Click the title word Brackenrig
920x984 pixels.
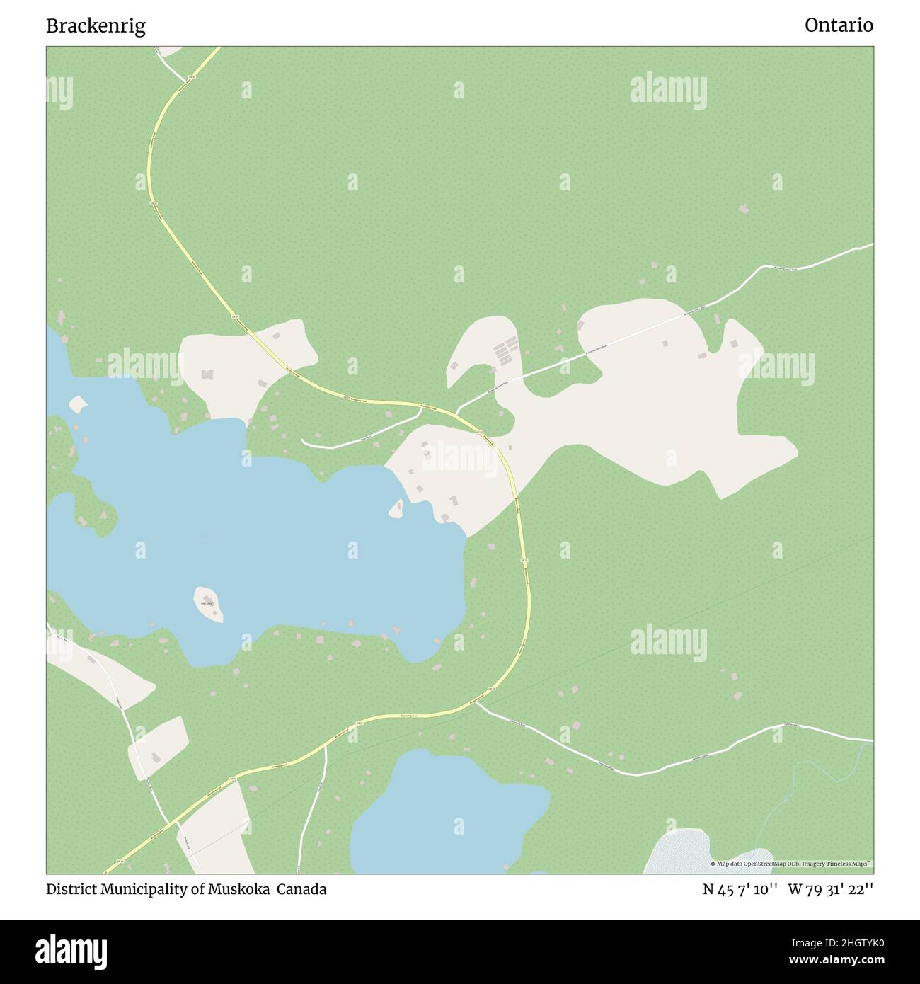pyautogui.click(x=96, y=26)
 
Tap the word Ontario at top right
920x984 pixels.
pyautogui.click(x=839, y=25)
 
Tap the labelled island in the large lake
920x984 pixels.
pyautogui.click(x=208, y=604)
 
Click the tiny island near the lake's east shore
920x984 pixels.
pyautogui.click(x=396, y=508)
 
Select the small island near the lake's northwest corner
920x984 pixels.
pyautogui.click(x=78, y=404)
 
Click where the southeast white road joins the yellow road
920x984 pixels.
pyautogui.click(x=475, y=702)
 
